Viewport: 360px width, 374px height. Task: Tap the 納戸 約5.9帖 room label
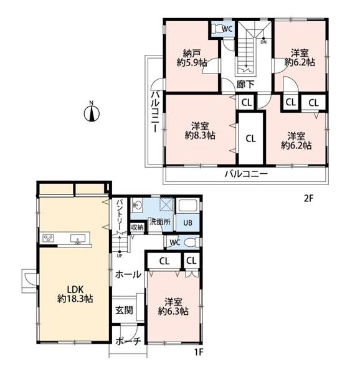tap(192, 57)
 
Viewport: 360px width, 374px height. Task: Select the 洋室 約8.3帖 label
tap(200, 131)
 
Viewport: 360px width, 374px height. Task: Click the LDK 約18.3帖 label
tap(75, 294)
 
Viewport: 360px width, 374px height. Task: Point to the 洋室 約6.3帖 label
tap(173, 307)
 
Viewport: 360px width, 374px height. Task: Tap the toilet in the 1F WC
tap(191, 242)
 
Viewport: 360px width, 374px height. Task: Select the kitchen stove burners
tap(49, 238)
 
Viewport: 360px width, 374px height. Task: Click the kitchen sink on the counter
tap(78, 239)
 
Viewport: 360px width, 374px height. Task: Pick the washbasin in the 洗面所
tap(137, 205)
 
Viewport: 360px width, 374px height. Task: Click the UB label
tap(187, 223)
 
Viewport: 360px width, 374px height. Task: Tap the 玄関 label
tap(125, 310)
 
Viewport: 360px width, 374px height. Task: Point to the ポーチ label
tap(128, 341)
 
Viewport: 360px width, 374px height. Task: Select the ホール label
tap(128, 274)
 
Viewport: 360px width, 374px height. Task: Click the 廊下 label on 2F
tap(245, 84)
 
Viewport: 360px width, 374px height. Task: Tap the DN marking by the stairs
tap(263, 42)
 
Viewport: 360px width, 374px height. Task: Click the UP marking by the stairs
tap(120, 256)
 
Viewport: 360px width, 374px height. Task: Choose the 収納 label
tap(138, 228)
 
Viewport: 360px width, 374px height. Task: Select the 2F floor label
tap(309, 198)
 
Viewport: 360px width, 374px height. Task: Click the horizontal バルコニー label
tap(247, 174)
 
